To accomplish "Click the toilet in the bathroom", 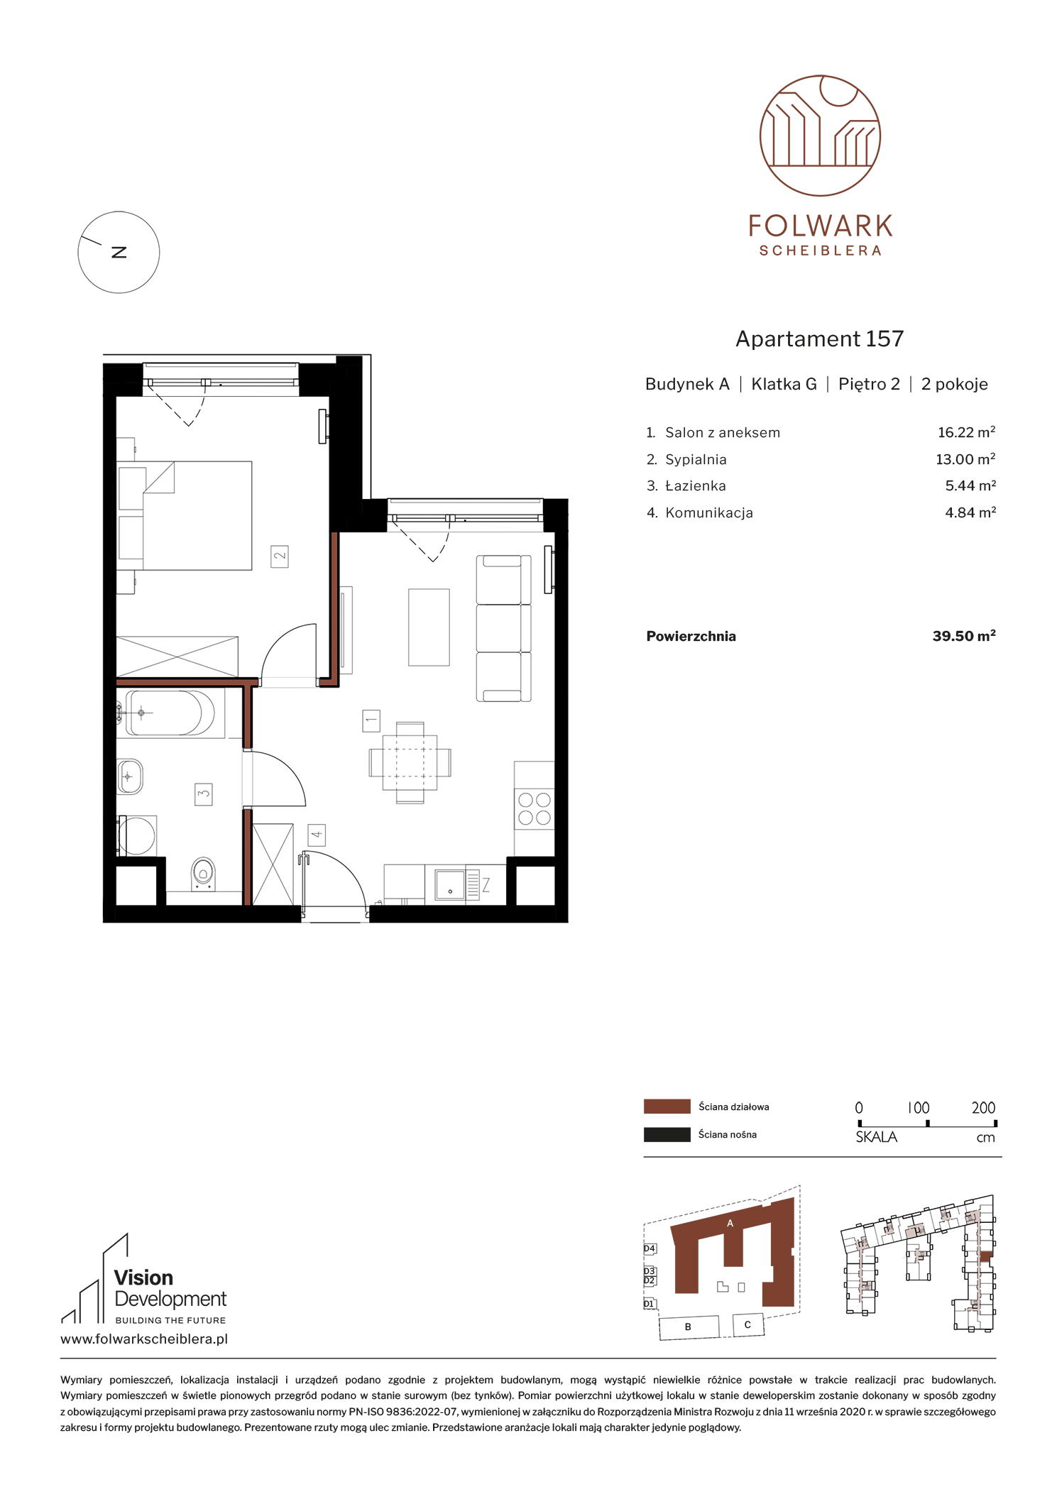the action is pyautogui.click(x=204, y=873).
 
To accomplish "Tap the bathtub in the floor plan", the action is pyautogui.click(x=170, y=713).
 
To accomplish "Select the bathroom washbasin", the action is pyautogui.click(x=130, y=776).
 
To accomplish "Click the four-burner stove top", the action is pyautogui.click(x=535, y=808).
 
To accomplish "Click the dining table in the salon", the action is pyautogui.click(x=410, y=763).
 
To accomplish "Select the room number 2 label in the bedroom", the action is pyautogui.click(x=280, y=556).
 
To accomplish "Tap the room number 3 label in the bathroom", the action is pyautogui.click(x=204, y=793).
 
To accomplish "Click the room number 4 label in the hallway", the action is pyautogui.click(x=317, y=835).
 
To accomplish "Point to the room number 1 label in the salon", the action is pyautogui.click(x=371, y=720).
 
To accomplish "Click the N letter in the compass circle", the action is pyautogui.click(x=119, y=252).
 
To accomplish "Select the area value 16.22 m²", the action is pyautogui.click(x=966, y=432).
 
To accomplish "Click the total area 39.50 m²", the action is pyautogui.click(x=964, y=636).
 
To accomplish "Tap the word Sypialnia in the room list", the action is pyautogui.click(x=696, y=460).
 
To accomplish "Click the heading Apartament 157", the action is pyautogui.click(x=820, y=339).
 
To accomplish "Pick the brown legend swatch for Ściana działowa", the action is pyautogui.click(x=667, y=1106).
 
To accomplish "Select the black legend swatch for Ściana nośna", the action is pyautogui.click(x=667, y=1134).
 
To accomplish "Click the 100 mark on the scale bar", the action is pyautogui.click(x=919, y=1107).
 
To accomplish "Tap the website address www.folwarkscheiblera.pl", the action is pyautogui.click(x=144, y=1339).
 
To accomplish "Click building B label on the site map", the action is pyautogui.click(x=688, y=1327).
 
